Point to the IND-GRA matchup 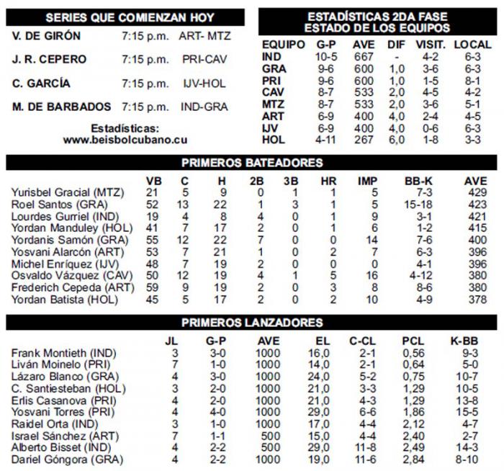(204, 107)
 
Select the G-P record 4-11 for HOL (325, 140)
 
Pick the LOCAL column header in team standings (474, 45)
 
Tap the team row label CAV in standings (273, 92)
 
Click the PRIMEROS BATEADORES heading (251, 163)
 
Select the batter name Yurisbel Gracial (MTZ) (68, 192)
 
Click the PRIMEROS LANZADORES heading (251, 322)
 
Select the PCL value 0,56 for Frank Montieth (413, 352)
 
